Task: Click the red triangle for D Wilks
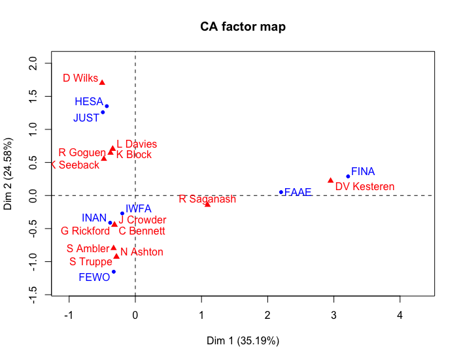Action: coord(102,82)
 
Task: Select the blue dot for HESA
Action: coord(107,106)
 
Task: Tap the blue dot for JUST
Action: coord(103,112)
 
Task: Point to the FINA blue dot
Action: coord(348,176)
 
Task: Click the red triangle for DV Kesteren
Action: coord(330,180)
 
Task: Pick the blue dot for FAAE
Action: coord(281,192)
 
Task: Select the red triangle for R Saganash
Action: coord(207,204)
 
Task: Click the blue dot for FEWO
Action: coord(113,272)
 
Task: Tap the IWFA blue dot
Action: coord(122,214)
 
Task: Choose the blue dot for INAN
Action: coord(110,223)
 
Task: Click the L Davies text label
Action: coord(137,144)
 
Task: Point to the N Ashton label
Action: coord(142,252)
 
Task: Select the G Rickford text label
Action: coord(85,231)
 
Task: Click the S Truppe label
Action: coord(91,262)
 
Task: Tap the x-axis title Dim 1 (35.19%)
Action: coord(243,340)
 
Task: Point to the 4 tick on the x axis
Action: coord(400,315)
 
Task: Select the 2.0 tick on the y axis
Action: coord(31,64)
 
